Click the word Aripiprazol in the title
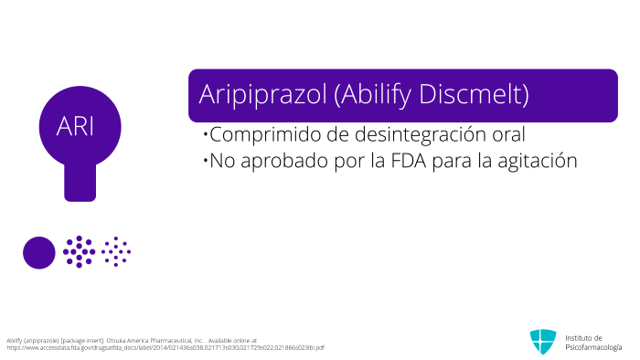[x=263, y=94]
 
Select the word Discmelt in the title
[x=474, y=94]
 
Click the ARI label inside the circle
[x=75, y=126]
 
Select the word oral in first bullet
[x=508, y=134]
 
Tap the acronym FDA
[x=409, y=161]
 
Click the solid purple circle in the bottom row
[x=39, y=253]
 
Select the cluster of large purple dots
[x=80, y=252]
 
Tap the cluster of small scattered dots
[x=116, y=252]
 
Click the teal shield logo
[x=543, y=341]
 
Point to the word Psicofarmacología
[x=593, y=347]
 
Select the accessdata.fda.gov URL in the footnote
[x=165, y=348]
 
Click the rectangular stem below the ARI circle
[x=80, y=182]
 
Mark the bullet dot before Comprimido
[x=206, y=133]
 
